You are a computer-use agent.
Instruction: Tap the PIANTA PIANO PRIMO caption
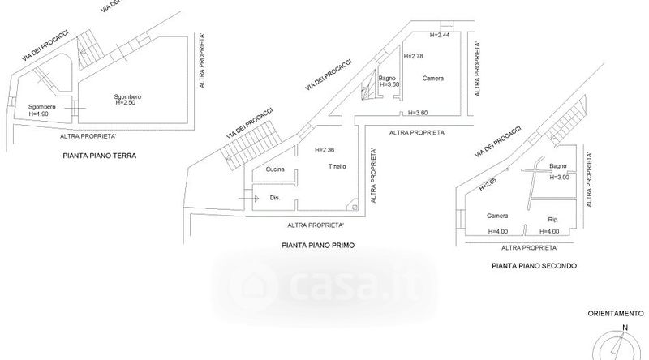click(319, 243)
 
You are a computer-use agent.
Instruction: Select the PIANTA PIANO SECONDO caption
click(534, 265)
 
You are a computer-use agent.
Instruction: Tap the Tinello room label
click(337, 166)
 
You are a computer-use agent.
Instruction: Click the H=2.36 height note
click(324, 150)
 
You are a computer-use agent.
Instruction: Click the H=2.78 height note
click(414, 56)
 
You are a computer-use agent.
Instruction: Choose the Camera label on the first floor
click(432, 79)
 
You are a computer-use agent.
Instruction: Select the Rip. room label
click(555, 219)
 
